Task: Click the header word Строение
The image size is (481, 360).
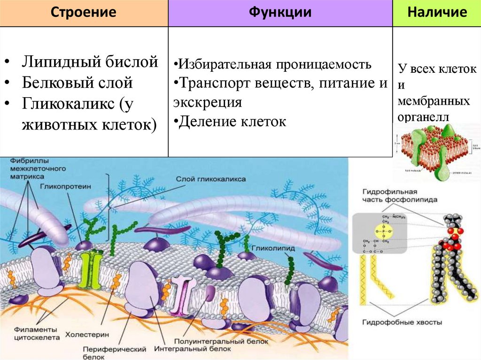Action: [84, 12]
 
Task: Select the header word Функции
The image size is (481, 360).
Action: [280, 12]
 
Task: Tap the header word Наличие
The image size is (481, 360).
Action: [437, 12]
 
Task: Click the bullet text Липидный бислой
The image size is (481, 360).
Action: [90, 62]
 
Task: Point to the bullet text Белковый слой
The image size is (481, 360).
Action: [78, 83]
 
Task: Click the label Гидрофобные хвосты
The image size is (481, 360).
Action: [402, 322]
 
